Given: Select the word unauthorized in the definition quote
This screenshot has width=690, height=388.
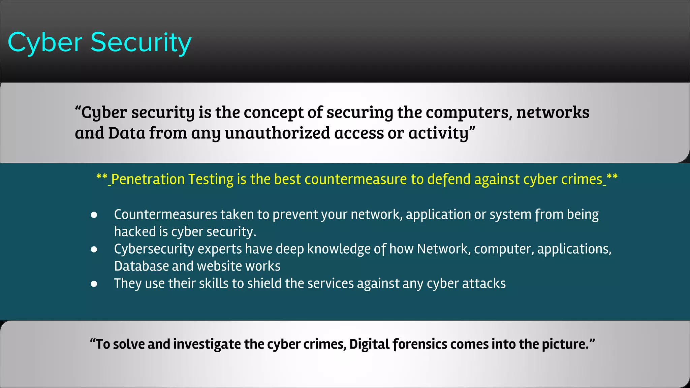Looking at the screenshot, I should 277,133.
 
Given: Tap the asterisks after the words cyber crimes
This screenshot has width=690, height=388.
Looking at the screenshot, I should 612,177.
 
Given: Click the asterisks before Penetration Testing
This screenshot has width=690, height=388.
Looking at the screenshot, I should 102,177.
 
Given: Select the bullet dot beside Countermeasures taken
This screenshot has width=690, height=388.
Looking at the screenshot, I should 94,215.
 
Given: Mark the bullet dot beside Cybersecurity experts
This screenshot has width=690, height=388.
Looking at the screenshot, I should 94,249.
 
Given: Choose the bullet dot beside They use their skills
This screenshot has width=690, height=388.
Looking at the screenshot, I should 94,284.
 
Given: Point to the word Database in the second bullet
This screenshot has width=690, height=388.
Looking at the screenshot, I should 141,266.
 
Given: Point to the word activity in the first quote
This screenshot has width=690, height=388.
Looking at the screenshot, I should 438,133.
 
